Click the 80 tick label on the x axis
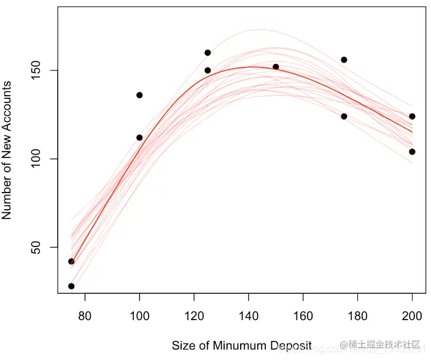pyautogui.click(x=85, y=316)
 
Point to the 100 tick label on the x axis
pyautogui.click(x=139, y=316)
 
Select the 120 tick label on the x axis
pyautogui.click(x=194, y=316)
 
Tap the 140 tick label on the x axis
pyautogui.click(x=249, y=316)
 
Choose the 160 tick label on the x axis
pyautogui.click(x=303, y=316)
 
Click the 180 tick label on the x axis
pyautogui.click(x=358, y=316)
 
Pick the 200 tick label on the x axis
pyautogui.click(x=413, y=316)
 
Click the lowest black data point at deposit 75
pyautogui.click(x=71, y=286)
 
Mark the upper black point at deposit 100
pyautogui.click(x=139, y=95)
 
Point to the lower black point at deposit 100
pyautogui.click(x=139, y=137)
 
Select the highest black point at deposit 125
pyautogui.click(x=208, y=53)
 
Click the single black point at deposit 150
pyautogui.click(x=276, y=67)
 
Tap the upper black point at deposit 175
pyautogui.click(x=344, y=59)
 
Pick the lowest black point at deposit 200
pyautogui.click(x=412, y=151)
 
